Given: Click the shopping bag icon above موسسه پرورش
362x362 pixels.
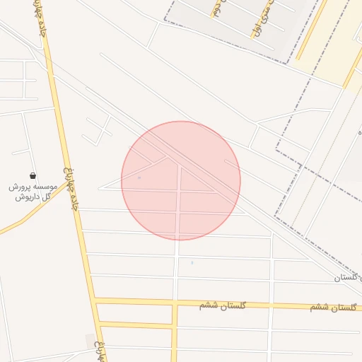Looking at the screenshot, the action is pyautogui.click(x=33, y=175).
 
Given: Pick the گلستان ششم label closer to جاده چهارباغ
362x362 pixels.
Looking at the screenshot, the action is pyautogui.click(x=223, y=305).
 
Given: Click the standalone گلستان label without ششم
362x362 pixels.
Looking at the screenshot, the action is pyautogui.click(x=347, y=278).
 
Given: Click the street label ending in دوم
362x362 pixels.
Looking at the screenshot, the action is pyautogui.click(x=215, y=8).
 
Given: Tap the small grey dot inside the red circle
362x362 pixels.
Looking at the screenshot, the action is pyautogui.click(x=139, y=177).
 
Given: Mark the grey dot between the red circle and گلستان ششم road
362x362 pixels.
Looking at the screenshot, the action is pyautogui.click(x=192, y=262).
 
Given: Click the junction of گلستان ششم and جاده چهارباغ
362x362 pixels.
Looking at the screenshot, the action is pyautogui.click(x=94, y=301).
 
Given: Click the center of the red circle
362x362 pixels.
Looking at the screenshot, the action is pyautogui.click(x=181, y=180).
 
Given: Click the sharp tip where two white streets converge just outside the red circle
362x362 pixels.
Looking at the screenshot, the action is pyautogui.click(x=99, y=188).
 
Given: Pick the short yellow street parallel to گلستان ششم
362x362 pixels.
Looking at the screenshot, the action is pyautogui.click(x=136, y=325).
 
